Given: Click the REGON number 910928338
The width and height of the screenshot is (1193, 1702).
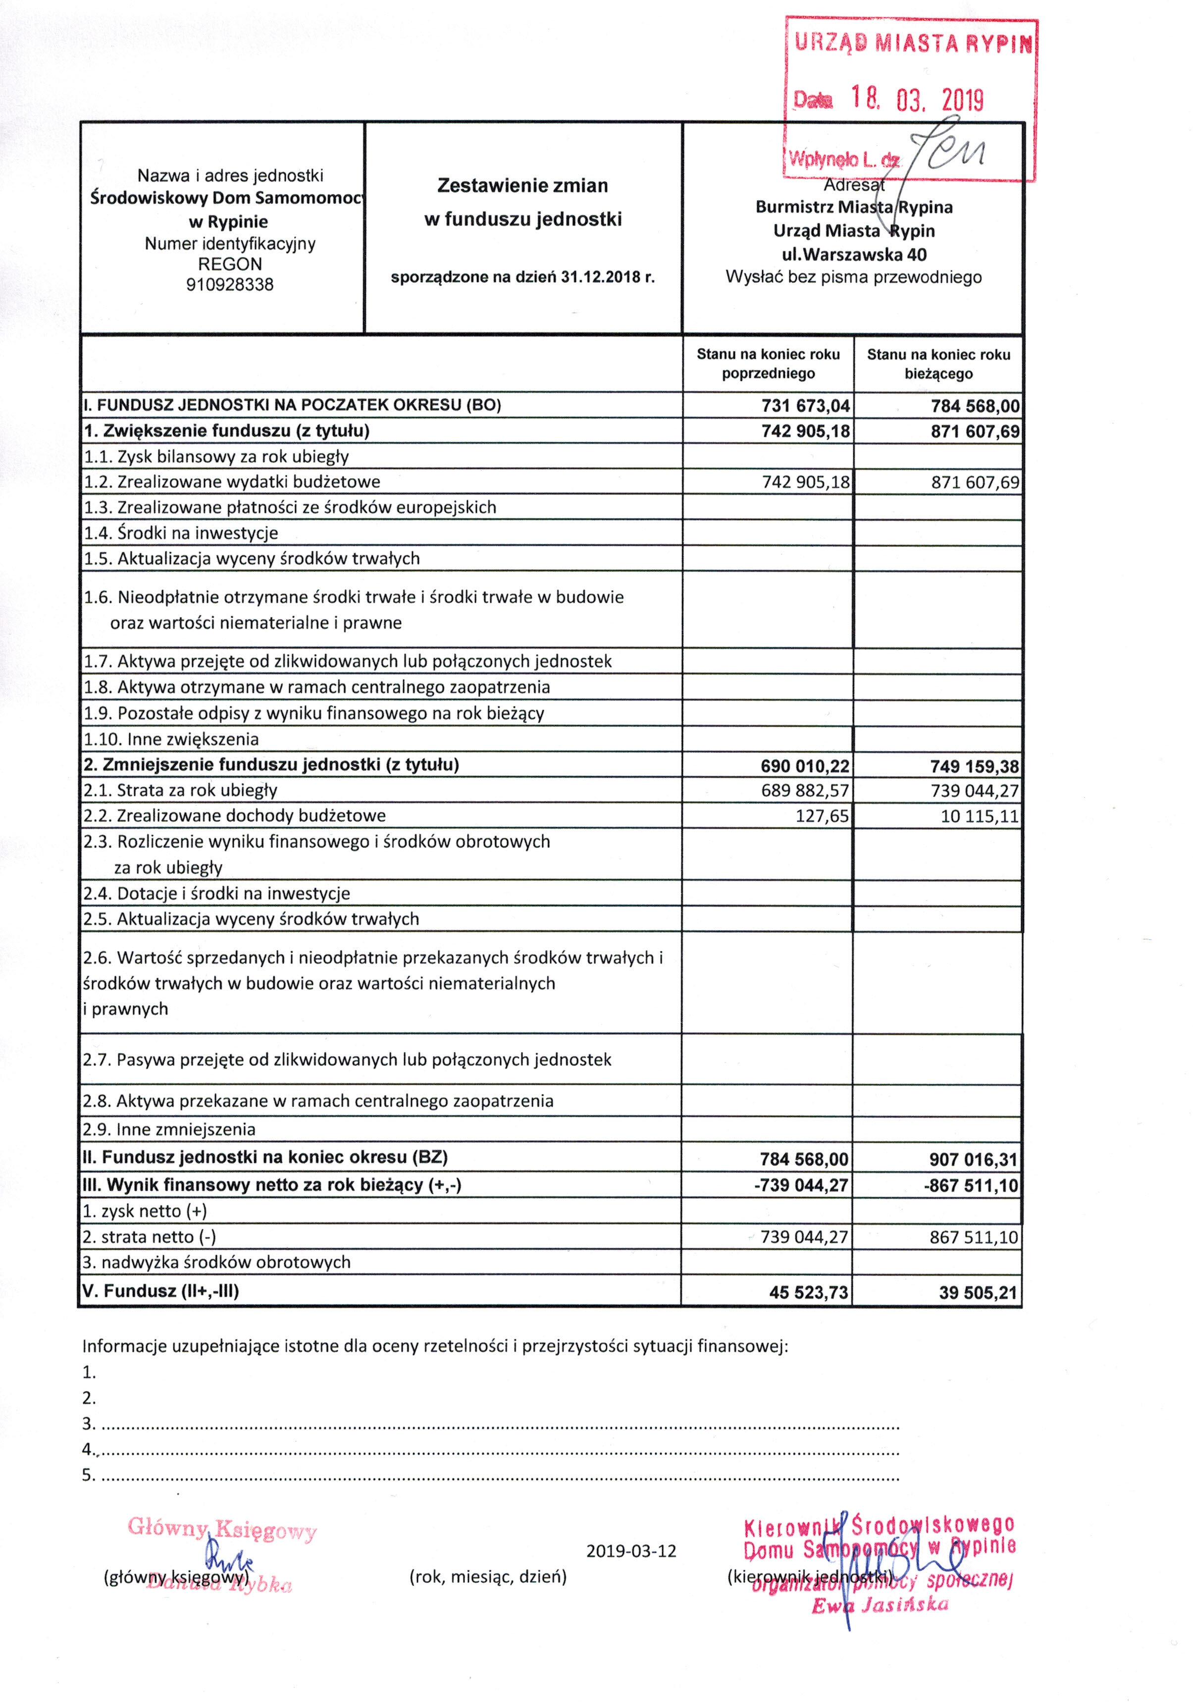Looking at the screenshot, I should [230, 285].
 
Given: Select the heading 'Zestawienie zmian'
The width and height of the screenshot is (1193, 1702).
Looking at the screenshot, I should [522, 185].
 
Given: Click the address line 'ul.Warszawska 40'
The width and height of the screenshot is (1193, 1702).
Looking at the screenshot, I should [854, 254].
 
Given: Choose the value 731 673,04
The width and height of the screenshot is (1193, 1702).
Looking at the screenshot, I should [805, 406].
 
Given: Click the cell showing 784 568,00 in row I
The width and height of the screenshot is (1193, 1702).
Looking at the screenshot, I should [975, 406].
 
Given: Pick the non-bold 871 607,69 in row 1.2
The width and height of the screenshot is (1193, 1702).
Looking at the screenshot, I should [975, 482].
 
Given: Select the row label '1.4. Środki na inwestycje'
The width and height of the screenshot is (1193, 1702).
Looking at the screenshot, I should [181, 533].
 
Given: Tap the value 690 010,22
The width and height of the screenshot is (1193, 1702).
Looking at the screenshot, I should [805, 766].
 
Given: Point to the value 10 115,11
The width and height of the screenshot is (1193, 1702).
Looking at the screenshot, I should [980, 817].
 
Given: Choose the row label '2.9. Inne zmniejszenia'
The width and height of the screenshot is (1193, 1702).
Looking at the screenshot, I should [169, 1130].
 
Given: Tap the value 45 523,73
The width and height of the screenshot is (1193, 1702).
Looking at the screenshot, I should [808, 1292].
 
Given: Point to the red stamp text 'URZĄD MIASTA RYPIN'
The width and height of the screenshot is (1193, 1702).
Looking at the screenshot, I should [913, 43].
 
